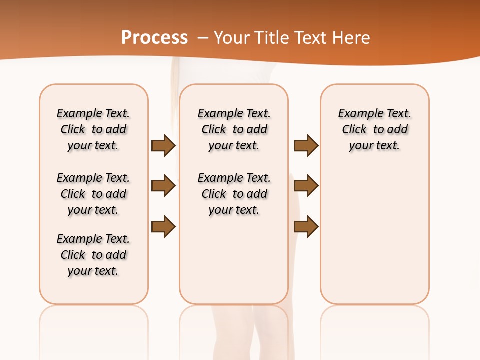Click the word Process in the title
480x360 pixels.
(154, 38)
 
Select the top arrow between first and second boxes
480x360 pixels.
(163, 145)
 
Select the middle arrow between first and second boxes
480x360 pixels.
(163, 186)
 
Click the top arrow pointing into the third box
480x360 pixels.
(306, 145)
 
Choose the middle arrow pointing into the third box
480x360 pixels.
(306, 186)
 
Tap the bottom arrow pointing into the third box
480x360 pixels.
(306, 226)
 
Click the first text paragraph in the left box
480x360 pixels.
(93, 129)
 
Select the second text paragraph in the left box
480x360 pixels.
(93, 194)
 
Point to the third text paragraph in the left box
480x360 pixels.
(93, 255)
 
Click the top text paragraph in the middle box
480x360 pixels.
(234, 129)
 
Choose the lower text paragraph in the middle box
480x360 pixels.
(234, 194)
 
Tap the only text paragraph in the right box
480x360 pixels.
(375, 129)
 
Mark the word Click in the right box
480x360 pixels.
(354, 129)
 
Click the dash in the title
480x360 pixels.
(203, 38)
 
